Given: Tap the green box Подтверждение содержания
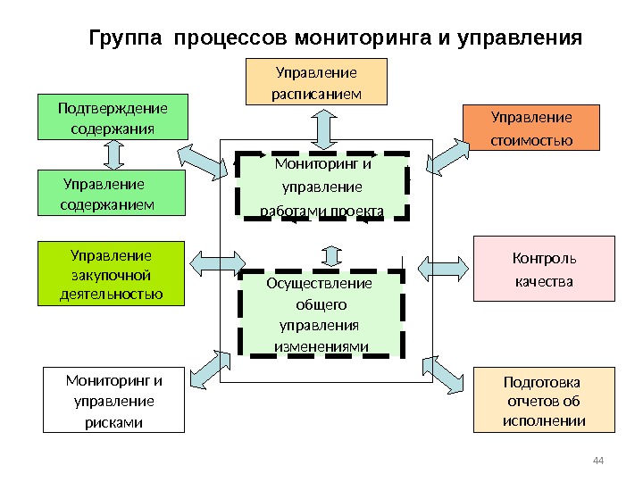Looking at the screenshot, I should pos(113,117).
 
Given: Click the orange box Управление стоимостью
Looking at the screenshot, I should pos(531,128).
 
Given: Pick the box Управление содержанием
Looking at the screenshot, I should pos(113,194).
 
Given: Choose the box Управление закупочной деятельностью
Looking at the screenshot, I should pos(110,273).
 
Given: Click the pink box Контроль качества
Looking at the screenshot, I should pos(543,269).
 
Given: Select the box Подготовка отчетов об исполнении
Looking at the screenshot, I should pos(543,399).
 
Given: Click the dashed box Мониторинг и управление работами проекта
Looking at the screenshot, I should pos(323,187).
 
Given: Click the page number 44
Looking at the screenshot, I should pos(598,460).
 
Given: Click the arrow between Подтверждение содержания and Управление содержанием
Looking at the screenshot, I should pos(113,154).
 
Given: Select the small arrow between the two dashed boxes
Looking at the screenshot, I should pos(331,254).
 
